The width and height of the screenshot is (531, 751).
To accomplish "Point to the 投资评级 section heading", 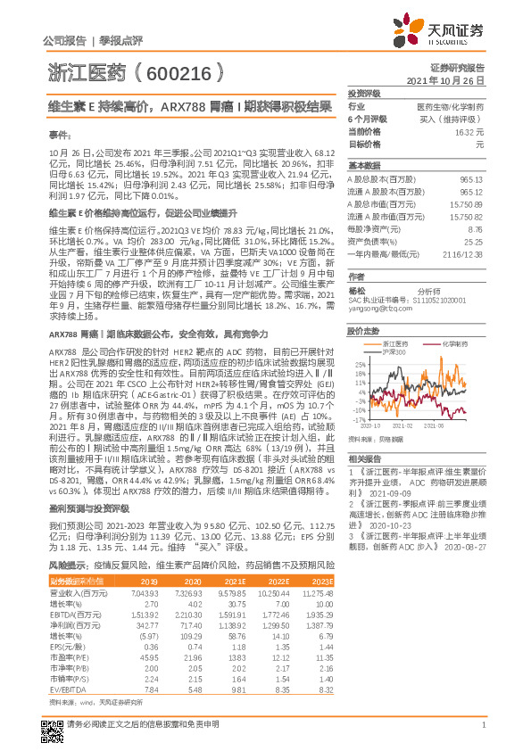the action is click(364, 92).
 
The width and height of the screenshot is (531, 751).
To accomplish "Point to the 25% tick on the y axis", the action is click(359, 364).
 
